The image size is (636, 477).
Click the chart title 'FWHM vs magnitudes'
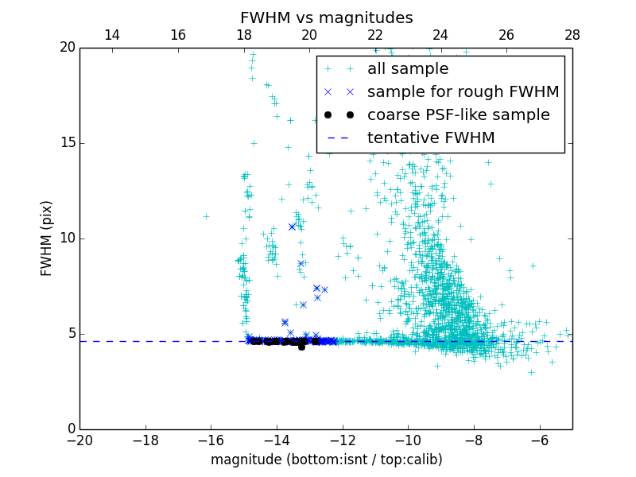click(326, 17)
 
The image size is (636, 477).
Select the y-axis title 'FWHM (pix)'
click(47, 238)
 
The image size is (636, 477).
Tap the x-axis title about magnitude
click(326, 460)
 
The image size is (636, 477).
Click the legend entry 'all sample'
click(408, 69)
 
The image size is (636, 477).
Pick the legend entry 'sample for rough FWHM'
click(463, 92)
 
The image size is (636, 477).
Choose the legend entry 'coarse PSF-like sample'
click(458, 115)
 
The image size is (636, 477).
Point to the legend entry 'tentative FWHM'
click(430, 138)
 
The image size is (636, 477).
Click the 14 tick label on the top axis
click(112, 35)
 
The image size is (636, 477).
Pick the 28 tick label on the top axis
click(572, 35)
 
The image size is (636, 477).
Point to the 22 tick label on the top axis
click(375, 35)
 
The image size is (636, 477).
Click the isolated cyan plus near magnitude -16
click(206, 216)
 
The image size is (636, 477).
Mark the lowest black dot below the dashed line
click(301, 347)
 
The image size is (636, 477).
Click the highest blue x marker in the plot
click(292, 227)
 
